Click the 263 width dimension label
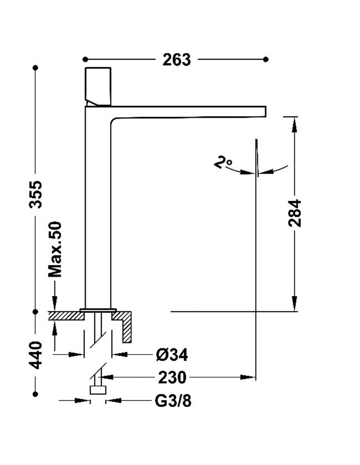[176, 60]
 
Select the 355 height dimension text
[36, 194]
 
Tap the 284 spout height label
[295, 213]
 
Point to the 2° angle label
[223, 163]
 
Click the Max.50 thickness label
[55, 249]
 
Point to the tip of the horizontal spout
[266, 111]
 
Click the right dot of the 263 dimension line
[266, 59]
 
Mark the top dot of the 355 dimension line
[36, 68]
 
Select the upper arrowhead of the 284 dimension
[295, 125]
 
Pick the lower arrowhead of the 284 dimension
[295, 302]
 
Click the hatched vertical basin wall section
[127, 330]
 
